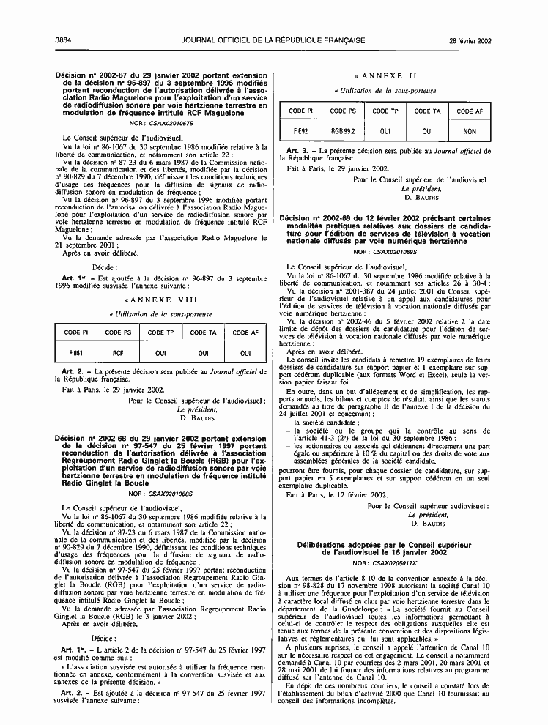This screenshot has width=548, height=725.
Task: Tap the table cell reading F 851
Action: pyautogui.click(x=77, y=353)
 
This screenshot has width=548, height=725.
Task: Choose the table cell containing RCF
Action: pyautogui.click(x=118, y=353)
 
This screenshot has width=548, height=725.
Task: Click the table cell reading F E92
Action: pyautogui.click(x=300, y=131)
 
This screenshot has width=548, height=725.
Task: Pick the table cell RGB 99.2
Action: pyautogui.click(x=343, y=131)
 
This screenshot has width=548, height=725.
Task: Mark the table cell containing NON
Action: pyautogui.click(x=470, y=131)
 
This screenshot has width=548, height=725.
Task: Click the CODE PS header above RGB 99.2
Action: pyautogui.click(x=343, y=111)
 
